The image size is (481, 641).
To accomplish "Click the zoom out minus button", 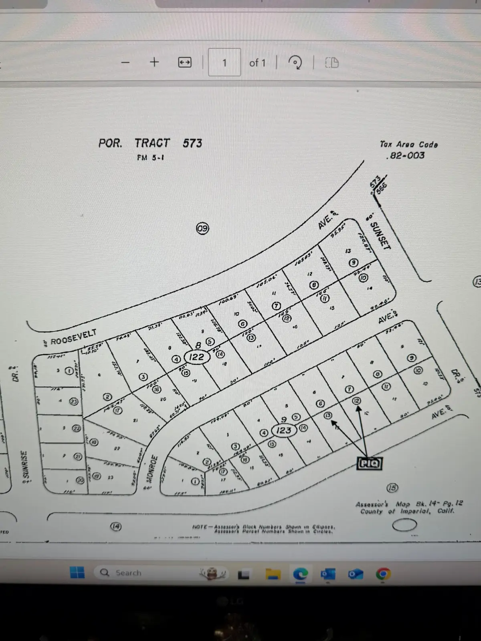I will click(x=125, y=62).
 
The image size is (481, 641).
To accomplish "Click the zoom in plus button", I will click(x=154, y=62).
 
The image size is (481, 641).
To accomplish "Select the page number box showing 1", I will click(x=224, y=62).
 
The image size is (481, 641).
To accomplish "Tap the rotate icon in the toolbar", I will click(x=295, y=62).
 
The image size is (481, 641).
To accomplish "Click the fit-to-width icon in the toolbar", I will click(x=185, y=62).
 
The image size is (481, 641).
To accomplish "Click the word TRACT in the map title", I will click(x=152, y=143).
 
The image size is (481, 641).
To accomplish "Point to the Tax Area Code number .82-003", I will click(x=405, y=155).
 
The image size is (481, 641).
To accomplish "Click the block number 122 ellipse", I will click(x=196, y=357).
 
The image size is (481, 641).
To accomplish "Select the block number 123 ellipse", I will click(x=284, y=430).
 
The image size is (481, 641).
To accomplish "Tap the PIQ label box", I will click(x=369, y=464).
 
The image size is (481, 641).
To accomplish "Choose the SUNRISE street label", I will click(x=25, y=466).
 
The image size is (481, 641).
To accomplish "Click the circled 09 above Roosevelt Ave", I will click(x=202, y=229).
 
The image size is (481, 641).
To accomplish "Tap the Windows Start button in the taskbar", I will click(x=77, y=572).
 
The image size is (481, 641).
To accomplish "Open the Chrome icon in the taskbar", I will click(x=383, y=574).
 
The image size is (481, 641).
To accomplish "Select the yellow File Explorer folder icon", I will click(x=273, y=574).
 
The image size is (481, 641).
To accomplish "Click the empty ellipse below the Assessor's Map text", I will click(x=404, y=525).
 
